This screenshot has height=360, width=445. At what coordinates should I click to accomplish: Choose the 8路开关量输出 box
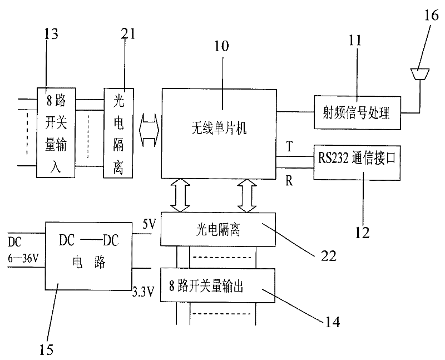[218, 285]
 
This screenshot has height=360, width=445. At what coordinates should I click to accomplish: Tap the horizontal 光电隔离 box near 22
[218, 229]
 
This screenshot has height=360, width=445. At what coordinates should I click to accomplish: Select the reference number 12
[362, 233]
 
